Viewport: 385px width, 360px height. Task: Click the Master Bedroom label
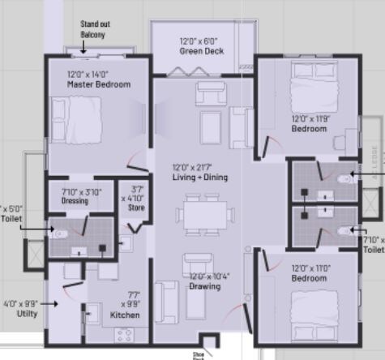[99, 84]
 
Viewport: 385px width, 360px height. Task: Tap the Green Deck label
[202, 52]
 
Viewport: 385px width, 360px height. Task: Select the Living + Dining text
[199, 177]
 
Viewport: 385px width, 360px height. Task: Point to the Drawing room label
[204, 286]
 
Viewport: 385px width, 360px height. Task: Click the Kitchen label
[126, 315]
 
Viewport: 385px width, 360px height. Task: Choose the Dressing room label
[75, 201]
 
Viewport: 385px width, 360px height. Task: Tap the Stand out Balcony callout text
[95, 30]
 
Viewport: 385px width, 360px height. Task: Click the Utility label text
[21, 312]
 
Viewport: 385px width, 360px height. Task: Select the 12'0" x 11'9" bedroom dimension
[310, 118]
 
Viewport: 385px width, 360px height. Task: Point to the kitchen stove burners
[125, 334]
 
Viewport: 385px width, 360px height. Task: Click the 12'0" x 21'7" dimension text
[199, 168]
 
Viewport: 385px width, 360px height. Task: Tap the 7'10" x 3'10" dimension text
[82, 191]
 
